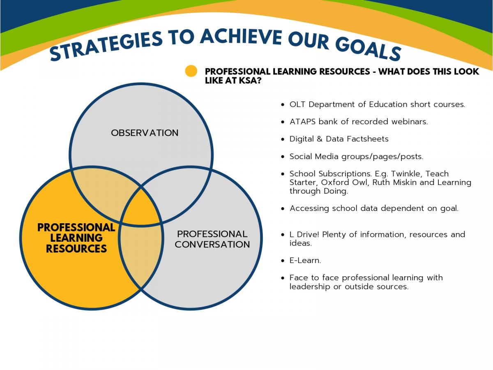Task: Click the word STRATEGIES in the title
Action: pyautogui.click(x=106, y=46)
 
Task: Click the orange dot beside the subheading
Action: pyautogui.click(x=191, y=71)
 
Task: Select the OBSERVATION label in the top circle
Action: pyautogui.click(x=145, y=133)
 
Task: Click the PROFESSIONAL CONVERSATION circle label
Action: pyautogui.click(x=212, y=239)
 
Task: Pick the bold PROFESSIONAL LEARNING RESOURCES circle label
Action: pyautogui.click(x=76, y=238)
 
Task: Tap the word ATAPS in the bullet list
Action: pyautogui.click(x=302, y=122)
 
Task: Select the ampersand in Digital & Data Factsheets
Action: pyautogui.click(x=319, y=139)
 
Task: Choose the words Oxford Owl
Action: pyautogui.click(x=345, y=183)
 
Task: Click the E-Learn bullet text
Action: pyautogui.click(x=305, y=260)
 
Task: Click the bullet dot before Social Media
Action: pyautogui.click(x=283, y=156)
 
